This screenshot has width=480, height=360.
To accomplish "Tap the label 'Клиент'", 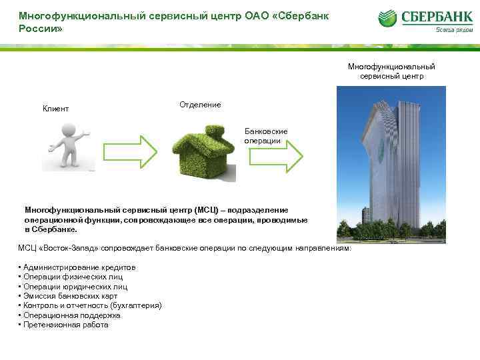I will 55,109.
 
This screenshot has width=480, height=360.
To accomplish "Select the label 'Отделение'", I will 200,105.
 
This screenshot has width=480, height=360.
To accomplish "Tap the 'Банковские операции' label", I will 265,136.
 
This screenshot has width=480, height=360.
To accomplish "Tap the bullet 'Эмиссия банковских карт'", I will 70,296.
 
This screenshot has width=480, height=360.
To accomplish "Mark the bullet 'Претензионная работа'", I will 65,325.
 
